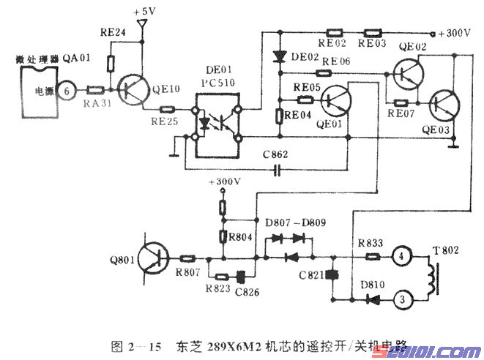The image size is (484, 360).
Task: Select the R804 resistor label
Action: pyautogui.click(x=237, y=236)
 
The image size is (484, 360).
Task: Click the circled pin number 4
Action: pyautogui.click(x=401, y=257)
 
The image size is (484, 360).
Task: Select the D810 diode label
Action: pyautogui.click(x=368, y=282)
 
